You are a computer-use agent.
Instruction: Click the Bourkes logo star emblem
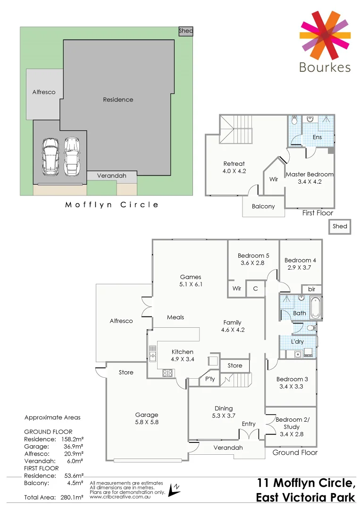click(325, 32)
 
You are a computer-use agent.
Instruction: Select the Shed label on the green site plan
click(186, 31)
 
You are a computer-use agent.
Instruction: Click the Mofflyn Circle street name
click(111, 204)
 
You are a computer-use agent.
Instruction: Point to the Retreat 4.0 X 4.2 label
click(234, 168)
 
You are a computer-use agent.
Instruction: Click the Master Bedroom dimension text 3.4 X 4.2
click(310, 182)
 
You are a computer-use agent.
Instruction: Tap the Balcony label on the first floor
click(263, 206)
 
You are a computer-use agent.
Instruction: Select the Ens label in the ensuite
click(317, 137)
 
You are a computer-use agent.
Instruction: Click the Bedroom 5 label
click(251, 255)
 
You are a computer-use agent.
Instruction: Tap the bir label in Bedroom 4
click(311, 289)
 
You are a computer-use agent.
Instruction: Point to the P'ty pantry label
click(209, 379)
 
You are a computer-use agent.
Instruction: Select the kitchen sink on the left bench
click(152, 353)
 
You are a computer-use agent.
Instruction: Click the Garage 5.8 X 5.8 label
click(146, 418)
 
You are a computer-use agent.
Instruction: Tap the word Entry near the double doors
click(249, 424)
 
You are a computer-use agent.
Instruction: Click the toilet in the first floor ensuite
click(294, 120)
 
